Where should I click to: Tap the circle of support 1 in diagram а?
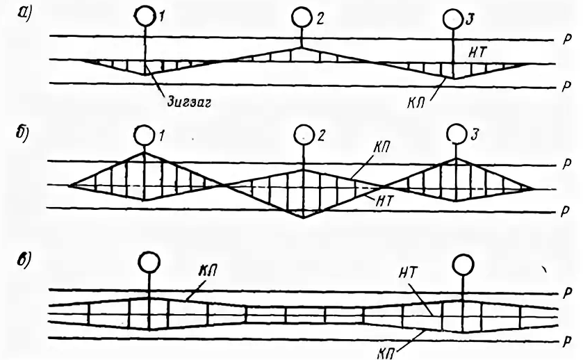[x=145, y=13]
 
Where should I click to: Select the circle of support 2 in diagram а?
[x=301, y=15]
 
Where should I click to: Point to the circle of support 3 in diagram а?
[x=454, y=17]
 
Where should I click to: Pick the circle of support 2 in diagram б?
[x=303, y=133]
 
